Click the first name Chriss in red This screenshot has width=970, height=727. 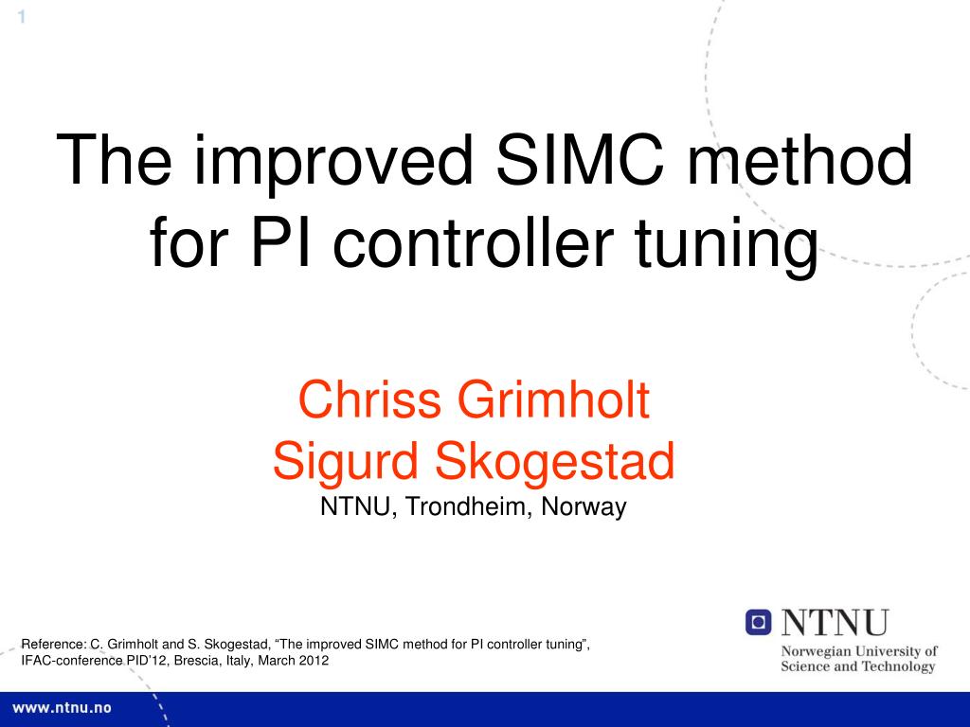click(x=371, y=400)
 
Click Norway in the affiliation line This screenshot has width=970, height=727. click(x=584, y=507)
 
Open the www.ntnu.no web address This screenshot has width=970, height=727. click(x=62, y=708)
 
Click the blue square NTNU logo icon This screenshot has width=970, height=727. click(x=759, y=622)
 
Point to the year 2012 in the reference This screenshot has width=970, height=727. click(x=313, y=662)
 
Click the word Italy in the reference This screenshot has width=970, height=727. click(x=239, y=662)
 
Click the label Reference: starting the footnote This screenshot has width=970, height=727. click(x=54, y=646)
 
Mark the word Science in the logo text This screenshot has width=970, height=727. click(x=805, y=666)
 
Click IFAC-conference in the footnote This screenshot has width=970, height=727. click(x=72, y=662)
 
